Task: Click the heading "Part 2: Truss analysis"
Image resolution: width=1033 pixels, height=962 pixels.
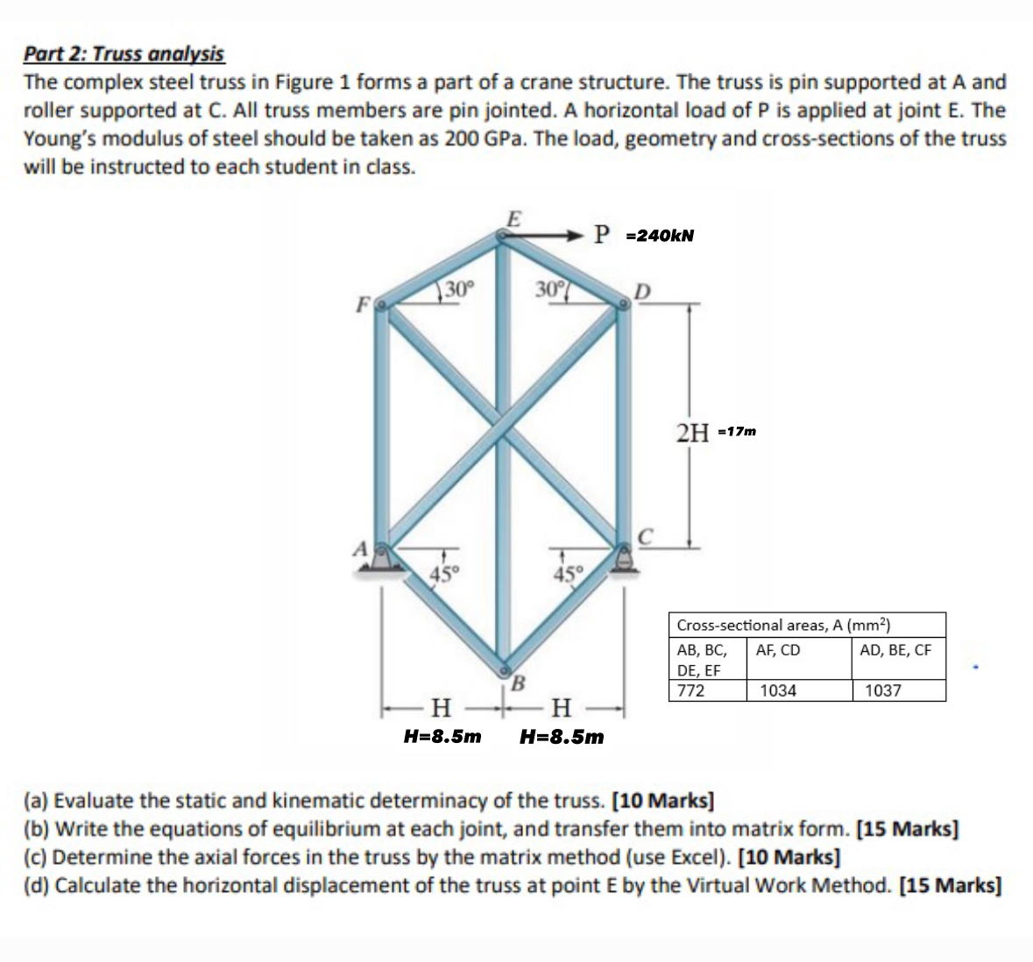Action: pyautogui.click(x=124, y=54)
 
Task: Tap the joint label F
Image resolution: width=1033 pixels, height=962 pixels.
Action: pyautogui.click(x=360, y=306)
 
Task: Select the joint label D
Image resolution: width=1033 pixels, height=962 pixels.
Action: pyautogui.click(x=642, y=290)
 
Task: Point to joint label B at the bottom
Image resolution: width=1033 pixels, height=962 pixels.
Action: pyautogui.click(x=517, y=682)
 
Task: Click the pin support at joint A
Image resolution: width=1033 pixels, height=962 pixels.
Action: pyautogui.click(x=381, y=558)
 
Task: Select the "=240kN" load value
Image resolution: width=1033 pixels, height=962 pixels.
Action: pyautogui.click(x=660, y=236)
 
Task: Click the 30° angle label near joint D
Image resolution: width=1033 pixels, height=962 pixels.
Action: pyautogui.click(x=548, y=288)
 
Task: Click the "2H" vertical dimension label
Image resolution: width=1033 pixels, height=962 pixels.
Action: pyautogui.click(x=693, y=432)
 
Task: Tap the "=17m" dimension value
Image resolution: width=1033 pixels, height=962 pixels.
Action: pyautogui.click(x=736, y=432)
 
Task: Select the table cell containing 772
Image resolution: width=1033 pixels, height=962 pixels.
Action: pyautogui.click(x=691, y=690)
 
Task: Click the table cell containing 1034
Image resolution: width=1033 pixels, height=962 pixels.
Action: pyautogui.click(x=778, y=690)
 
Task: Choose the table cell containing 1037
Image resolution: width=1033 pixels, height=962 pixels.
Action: pyautogui.click(x=882, y=690)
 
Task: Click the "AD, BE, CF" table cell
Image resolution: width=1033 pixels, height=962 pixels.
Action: pyautogui.click(x=895, y=650)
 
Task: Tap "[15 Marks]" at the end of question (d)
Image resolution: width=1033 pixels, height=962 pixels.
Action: pyautogui.click(x=951, y=885)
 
